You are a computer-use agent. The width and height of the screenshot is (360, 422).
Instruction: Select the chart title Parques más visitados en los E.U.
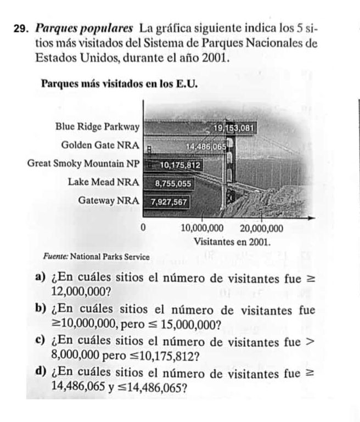click(x=119, y=85)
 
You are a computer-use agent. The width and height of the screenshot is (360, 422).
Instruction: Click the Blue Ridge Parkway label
click(x=98, y=127)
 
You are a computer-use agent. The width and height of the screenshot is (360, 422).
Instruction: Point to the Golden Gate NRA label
click(x=102, y=145)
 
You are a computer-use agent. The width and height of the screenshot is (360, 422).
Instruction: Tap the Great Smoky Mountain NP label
click(x=84, y=164)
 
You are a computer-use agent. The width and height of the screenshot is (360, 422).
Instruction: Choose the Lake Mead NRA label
click(x=104, y=182)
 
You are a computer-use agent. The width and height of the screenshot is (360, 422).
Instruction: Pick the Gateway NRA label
click(x=109, y=200)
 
